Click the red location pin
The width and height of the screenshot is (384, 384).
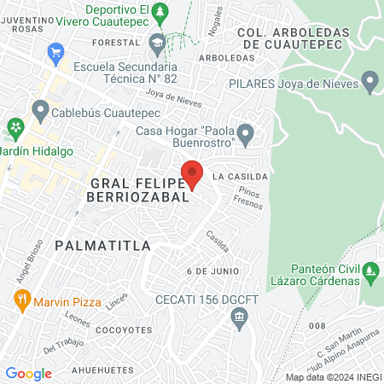[193, 173]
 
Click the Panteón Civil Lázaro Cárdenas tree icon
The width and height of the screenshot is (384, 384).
[370, 274]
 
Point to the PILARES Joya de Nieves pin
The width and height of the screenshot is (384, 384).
[369, 84]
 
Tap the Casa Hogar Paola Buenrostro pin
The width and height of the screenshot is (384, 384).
[246, 134]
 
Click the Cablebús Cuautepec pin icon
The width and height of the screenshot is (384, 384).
[40, 110]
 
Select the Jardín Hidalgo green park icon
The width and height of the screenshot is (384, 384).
[15, 129]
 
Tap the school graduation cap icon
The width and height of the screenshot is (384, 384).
[157, 42]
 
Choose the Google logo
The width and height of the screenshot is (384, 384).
[28, 373]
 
